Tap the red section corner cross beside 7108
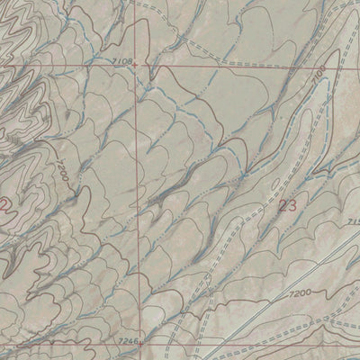pyautogui.click(x=137, y=65)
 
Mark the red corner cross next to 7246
pyautogui.click(x=141, y=343)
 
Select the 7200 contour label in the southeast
pyautogui.click(x=301, y=294)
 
